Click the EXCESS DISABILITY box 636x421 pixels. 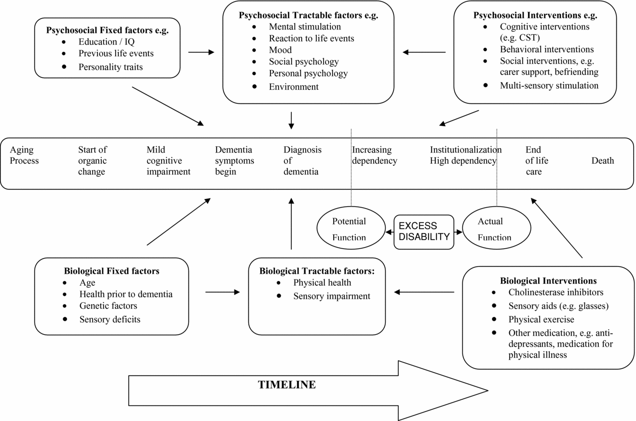point(424,232)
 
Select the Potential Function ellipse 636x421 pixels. point(351,228)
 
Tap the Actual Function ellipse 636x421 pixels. point(496,228)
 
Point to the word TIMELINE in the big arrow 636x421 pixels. point(286,385)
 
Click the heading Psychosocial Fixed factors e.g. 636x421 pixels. point(108,30)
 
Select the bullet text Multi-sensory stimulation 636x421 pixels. point(549,85)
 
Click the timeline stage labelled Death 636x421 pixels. point(602,161)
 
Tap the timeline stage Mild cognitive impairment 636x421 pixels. point(168,161)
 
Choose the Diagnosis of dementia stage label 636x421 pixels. point(302,161)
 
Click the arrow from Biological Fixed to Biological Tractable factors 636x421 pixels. point(222,292)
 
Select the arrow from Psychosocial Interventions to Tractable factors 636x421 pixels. point(424,52)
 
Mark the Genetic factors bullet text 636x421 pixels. point(108,306)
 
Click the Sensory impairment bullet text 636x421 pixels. point(332,296)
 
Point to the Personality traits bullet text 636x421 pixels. point(110,67)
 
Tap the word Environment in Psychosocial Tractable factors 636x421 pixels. point(294,87)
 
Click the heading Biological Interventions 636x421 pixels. point(548,281)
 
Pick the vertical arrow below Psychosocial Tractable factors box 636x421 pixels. point(291,121)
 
